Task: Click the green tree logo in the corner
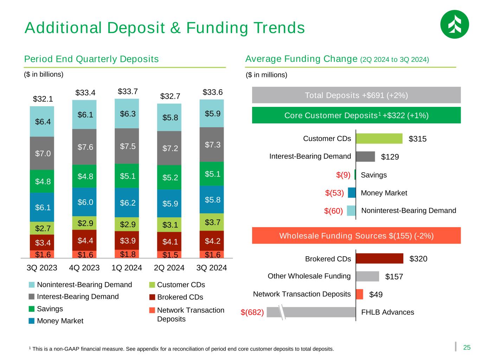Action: [454, 24]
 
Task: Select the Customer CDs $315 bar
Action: [379, 139]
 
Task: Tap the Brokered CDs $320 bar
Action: [379, 258]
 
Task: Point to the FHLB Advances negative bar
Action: [311, 312]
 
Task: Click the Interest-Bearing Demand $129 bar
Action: [365, 156]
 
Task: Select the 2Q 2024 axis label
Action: [169, 268]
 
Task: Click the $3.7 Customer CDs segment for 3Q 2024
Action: [212, 222]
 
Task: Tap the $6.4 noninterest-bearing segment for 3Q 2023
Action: [42, 121]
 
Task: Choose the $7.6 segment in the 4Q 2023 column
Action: [84, 147]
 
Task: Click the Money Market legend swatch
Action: [32, 321]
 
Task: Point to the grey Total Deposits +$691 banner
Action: [356, 95]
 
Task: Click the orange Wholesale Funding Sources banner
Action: [356, 236]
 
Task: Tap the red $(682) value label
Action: [252, 312]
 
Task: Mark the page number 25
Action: [467, 348]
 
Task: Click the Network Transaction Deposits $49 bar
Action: [359, 294]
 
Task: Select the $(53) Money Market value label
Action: [334, 193]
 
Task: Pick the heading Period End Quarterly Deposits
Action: [91, 59]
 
